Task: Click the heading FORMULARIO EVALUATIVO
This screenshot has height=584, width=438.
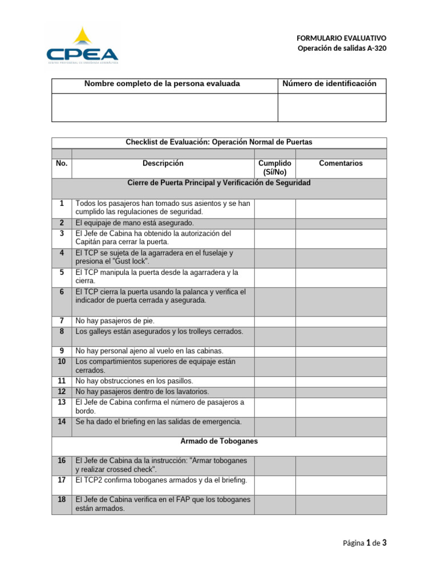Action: point(342,37)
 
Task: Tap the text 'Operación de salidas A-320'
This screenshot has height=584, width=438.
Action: point(342,48)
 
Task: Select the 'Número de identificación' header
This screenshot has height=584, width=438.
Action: point(330,84)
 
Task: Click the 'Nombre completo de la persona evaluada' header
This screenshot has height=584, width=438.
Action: point(162,84)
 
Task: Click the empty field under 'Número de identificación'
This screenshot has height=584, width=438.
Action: point(331,108)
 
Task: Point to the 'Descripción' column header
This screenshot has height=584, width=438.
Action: point(163,163)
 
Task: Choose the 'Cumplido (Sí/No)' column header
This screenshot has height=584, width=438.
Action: point(275,168)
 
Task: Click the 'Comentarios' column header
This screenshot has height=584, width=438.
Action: point(340,163)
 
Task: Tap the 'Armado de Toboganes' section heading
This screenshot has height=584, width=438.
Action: point(219,441)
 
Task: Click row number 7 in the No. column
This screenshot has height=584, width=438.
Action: point(62,321)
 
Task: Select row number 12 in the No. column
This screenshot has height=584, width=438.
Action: point(62,392)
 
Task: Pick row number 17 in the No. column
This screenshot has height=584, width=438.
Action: point(62,480)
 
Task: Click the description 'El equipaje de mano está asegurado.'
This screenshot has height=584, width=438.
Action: point(135,223)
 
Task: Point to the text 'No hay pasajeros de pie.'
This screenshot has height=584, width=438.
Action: point(115,321)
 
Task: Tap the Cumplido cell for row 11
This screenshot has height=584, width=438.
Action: point(275,381)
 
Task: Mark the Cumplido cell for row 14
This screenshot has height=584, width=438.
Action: point(275,422)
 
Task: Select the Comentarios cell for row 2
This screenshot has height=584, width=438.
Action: point(340,223)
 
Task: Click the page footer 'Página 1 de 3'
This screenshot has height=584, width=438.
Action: point(364,543)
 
